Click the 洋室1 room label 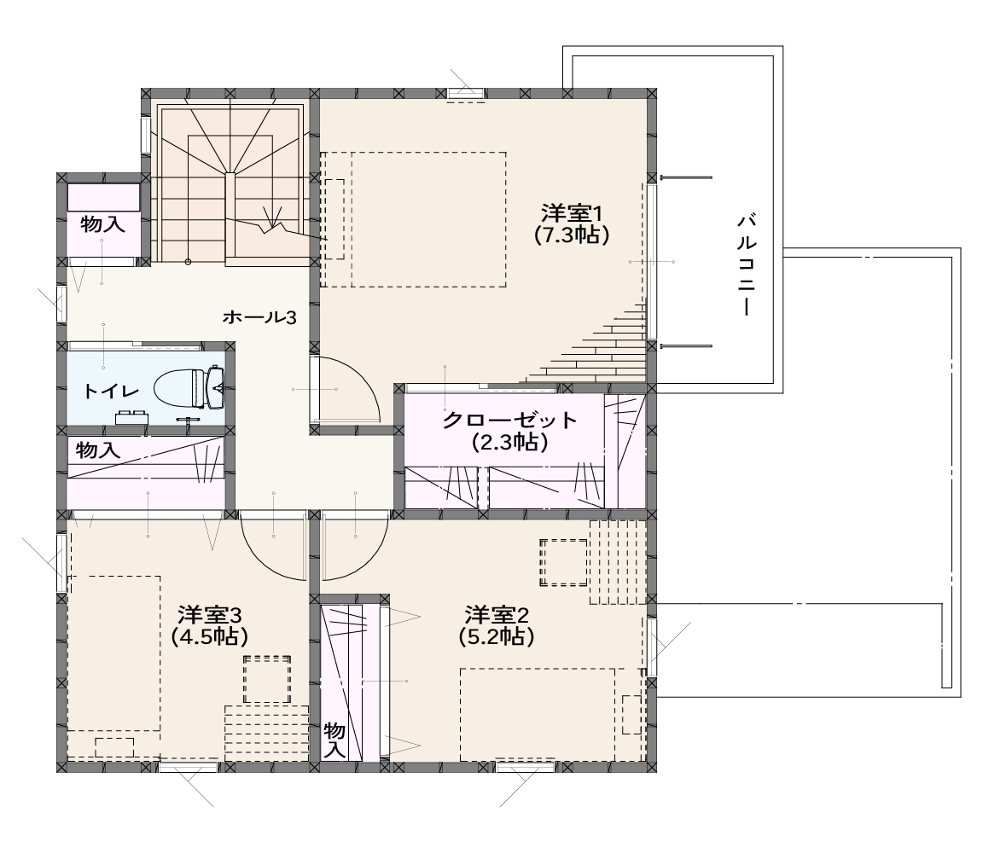pos(572,214)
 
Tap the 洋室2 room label pos(496,613)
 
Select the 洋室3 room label pos(209,613)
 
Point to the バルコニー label pos(746,264)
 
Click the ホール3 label pos(259,317)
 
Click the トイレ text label pos(111,391)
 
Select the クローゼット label pos(509,420)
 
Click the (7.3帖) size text pos(572,235)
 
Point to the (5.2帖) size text pos(496,636)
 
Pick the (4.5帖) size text pos(209,636)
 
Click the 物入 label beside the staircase pos(102,223)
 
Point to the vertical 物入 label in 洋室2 pos(334,740)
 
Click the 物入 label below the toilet pos(98,450)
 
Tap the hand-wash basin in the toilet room pos(131,416)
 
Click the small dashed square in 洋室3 pos(267,679)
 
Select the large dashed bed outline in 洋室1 pos(429,219)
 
